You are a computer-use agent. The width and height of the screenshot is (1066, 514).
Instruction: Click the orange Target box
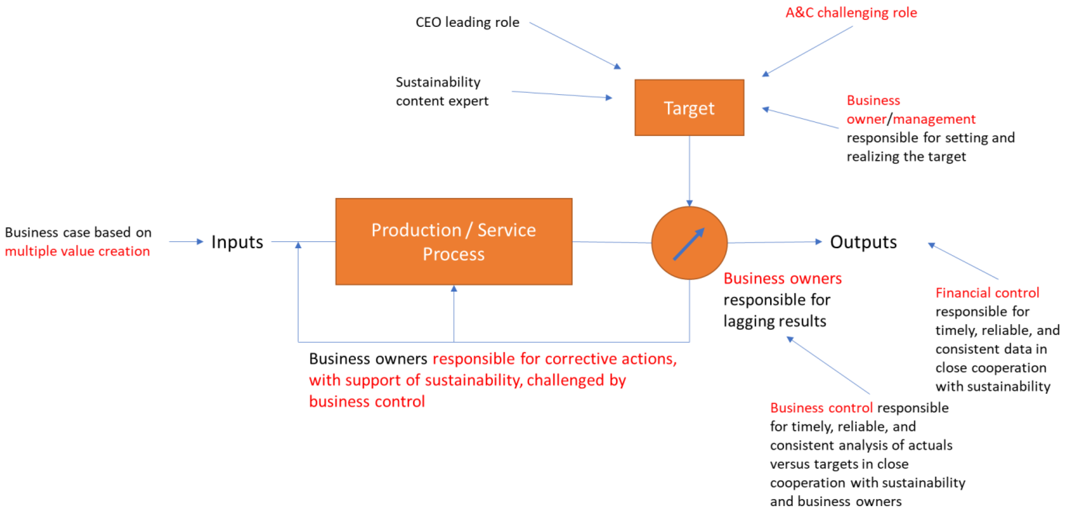[x=689, y=107]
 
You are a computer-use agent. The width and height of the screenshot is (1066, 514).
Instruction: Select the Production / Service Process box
[x=454, y=242]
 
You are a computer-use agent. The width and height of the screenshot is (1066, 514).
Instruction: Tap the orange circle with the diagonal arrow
[x=689, y=243]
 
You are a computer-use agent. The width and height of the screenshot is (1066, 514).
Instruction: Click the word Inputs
[x=237, y=242]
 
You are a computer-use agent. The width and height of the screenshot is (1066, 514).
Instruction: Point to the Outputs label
[x=863, y=242]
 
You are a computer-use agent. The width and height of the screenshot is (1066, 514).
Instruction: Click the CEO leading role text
[x=467, y=22]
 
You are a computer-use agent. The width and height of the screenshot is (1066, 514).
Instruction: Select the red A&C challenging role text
[x=851, y=12]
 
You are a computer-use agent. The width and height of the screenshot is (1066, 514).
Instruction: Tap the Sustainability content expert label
[x=442, y=92]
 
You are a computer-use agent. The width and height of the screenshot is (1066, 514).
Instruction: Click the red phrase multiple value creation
[x=77, y=251]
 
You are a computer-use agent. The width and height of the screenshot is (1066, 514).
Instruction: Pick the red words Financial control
[x=987, y=293]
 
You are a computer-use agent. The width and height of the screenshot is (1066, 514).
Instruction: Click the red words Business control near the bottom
[x=821, y=408]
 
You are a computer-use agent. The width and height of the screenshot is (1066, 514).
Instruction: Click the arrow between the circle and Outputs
[x=774, y=242]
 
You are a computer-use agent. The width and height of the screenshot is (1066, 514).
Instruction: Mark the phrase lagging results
[x=775, y=321]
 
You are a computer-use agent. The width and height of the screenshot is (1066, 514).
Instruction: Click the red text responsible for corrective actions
[x=555, y=359]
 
